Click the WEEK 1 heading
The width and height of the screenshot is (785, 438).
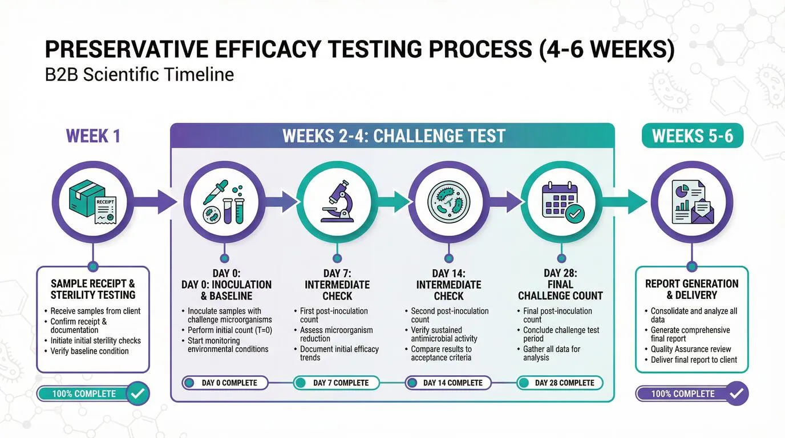point(93,136)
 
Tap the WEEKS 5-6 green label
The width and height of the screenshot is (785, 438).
point(692,136)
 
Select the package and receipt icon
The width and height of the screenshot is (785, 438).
point(92,201)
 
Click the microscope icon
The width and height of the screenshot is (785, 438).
point(337,201)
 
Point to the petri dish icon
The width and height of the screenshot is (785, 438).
point(449,201)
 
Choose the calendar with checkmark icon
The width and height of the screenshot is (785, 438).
point(561,201)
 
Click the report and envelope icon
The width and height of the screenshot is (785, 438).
point(691,201)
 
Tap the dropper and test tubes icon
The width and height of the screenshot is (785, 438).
point(224,201)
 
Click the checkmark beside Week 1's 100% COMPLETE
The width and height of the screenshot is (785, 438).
point(137,394)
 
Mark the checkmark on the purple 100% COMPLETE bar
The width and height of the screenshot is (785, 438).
point(736,394)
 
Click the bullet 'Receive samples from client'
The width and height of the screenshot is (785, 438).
point(95,311)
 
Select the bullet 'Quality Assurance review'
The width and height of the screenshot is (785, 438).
point(691,349)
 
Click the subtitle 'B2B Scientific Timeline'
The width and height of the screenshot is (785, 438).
point(139,75)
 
